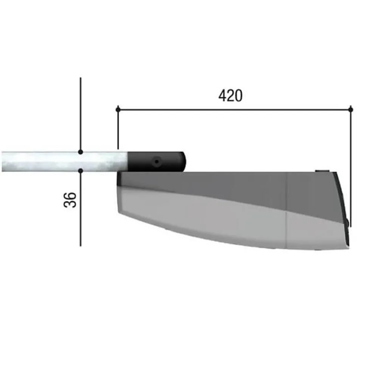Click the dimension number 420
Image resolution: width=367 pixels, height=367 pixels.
tap(230, 95)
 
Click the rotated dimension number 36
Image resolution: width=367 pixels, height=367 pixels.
tap(70, 200)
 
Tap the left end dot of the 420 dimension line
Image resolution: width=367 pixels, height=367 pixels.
tap(118, 109)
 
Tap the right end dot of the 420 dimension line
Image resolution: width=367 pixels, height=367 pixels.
tap(351, 109)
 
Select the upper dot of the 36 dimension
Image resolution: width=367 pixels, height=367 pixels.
tap(81, 152)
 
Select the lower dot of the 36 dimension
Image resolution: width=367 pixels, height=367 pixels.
tap(81, 171)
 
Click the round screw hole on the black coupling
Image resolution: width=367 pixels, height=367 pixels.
tap(156, 162)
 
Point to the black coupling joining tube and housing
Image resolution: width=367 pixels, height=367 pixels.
tap(156, 162)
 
